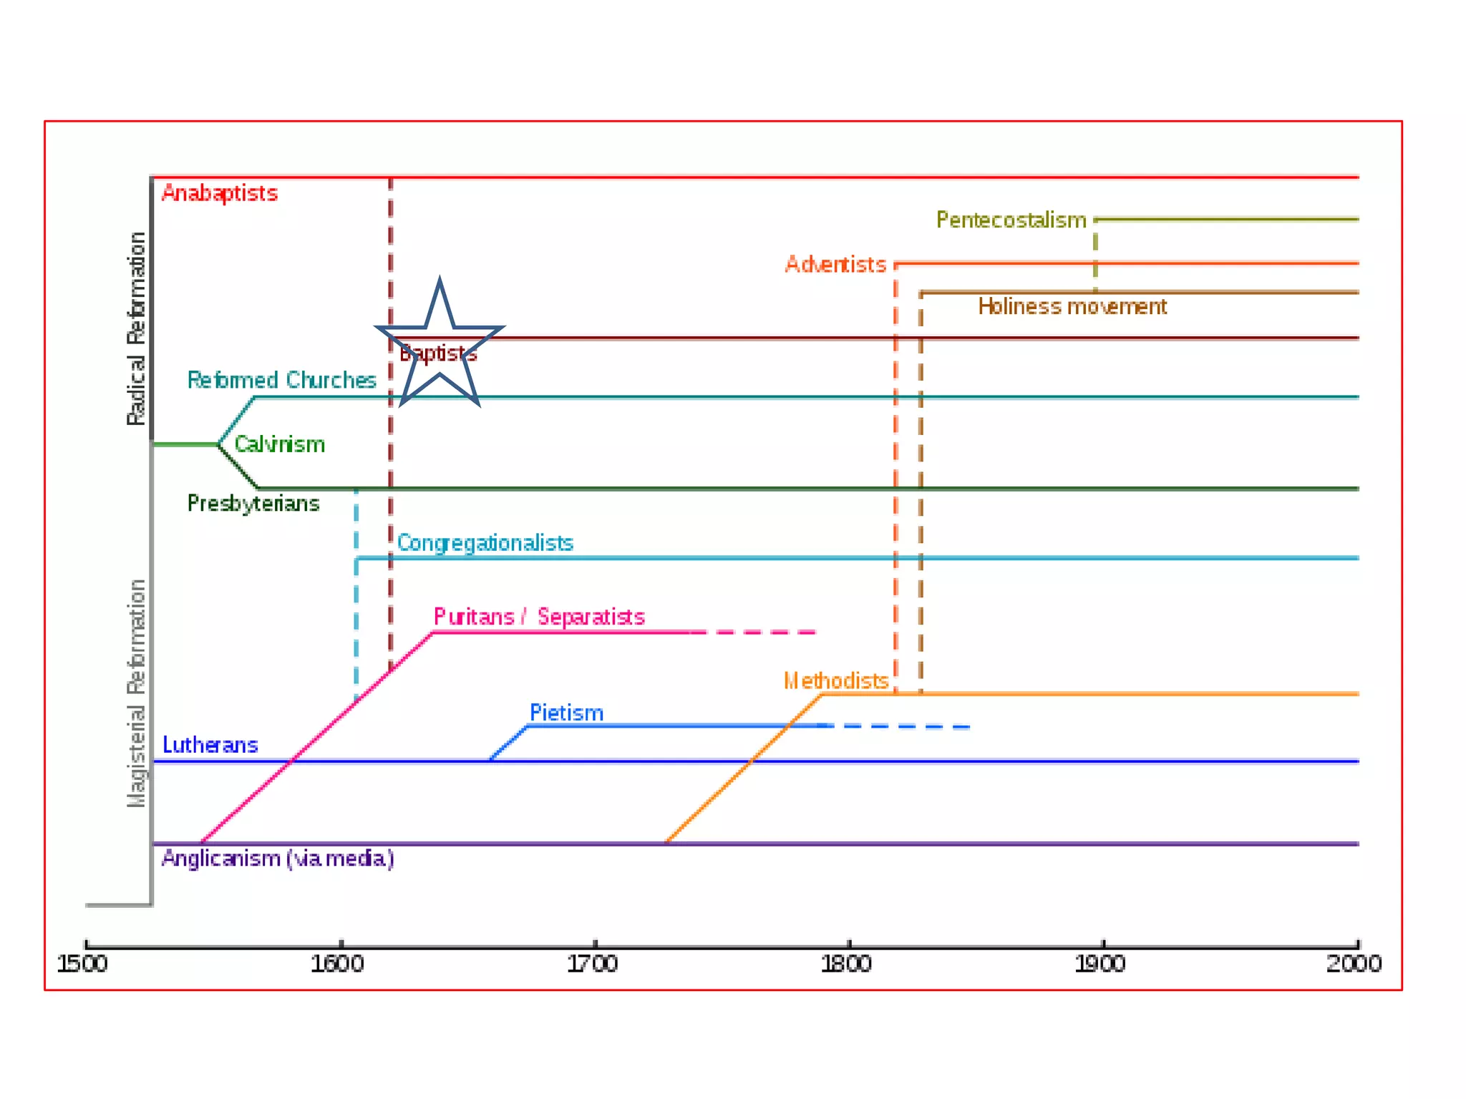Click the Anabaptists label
point(219,193)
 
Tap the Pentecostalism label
point(1011,220)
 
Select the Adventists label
point(835,265)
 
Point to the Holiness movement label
point(1072,307)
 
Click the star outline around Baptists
point(440,286)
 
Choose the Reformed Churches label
point(281,380)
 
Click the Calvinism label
point(279,444)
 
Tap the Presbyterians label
point(253,504)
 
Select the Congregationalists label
point(485,543)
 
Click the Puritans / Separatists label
point(539,617)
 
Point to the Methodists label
point(836,680)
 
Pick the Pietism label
point(566,713)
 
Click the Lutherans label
point(210,745)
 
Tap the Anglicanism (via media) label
point(278,858)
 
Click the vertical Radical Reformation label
point(136,328)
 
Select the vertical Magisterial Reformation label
point(136,693)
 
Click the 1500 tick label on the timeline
point(82,964)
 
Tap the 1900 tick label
point(1100,964)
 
